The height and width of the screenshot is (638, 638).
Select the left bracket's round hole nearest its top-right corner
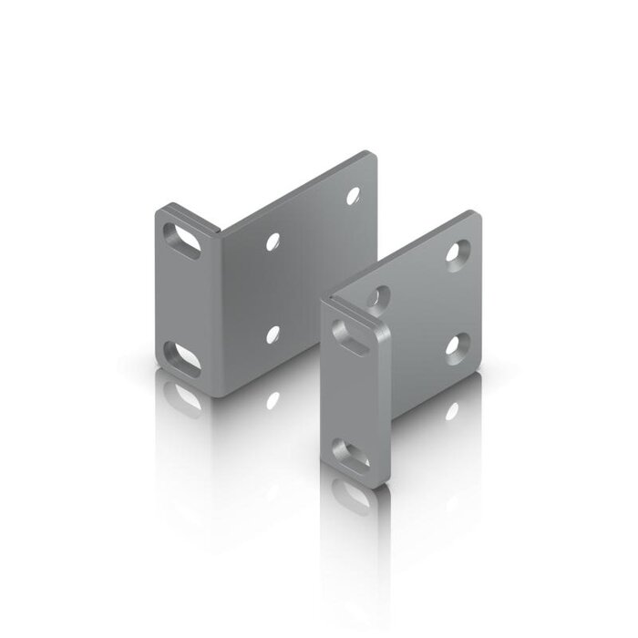pos(352,193)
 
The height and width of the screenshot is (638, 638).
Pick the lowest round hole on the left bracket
pos(273,334)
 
